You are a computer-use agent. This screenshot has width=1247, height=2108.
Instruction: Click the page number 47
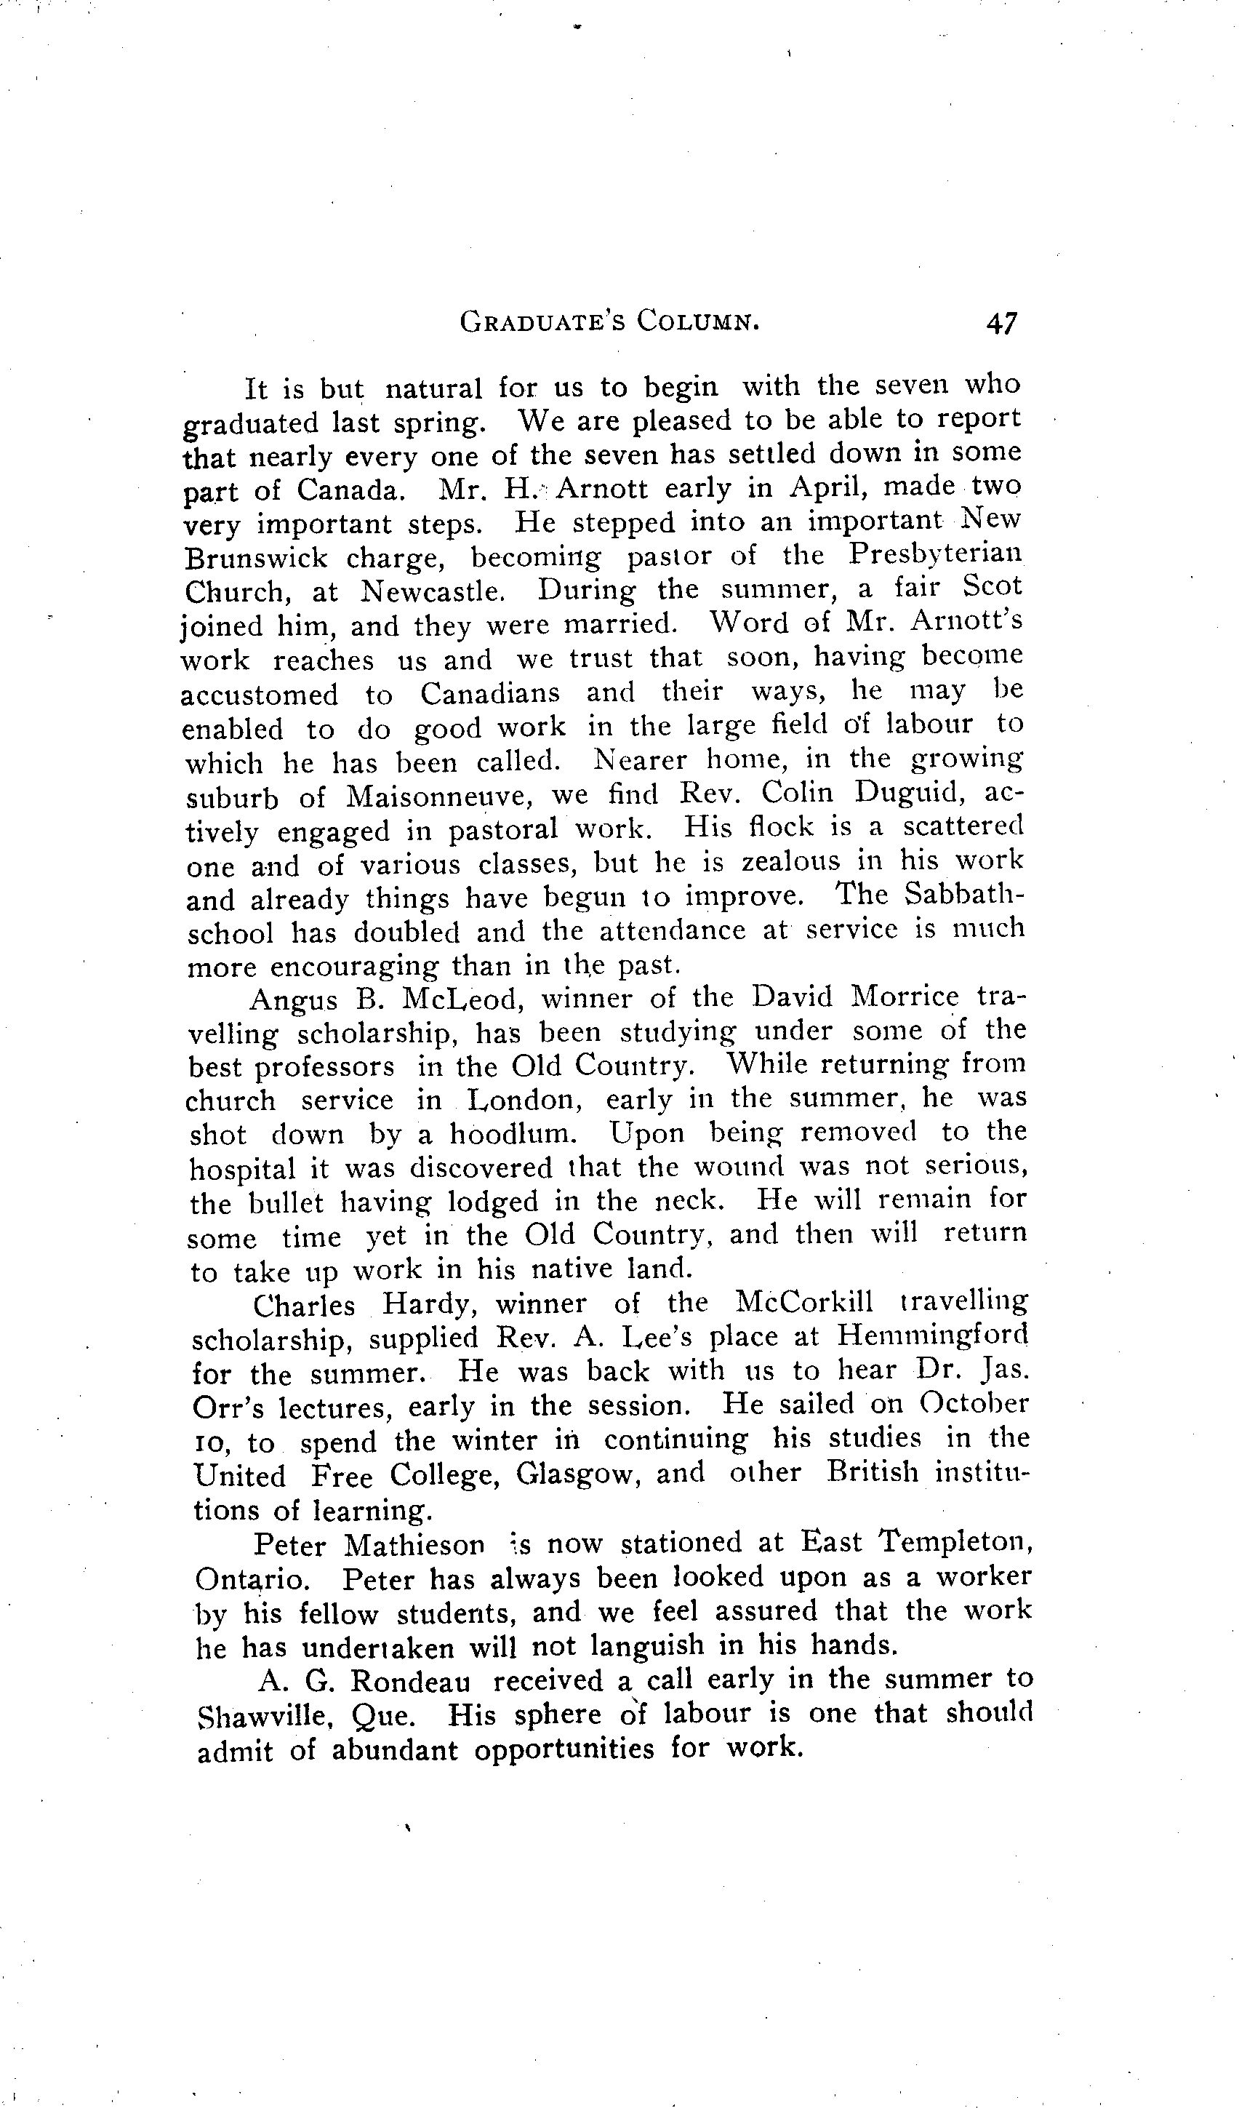click(1002, 323)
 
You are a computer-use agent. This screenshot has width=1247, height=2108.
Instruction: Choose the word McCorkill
click(803, 1302)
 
